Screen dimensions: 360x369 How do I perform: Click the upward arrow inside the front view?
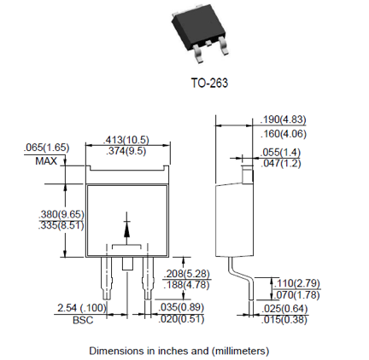point(127,228)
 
